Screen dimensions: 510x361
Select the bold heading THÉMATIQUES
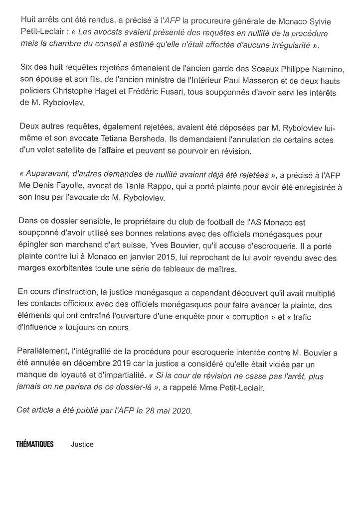click(x=35, y=444)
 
